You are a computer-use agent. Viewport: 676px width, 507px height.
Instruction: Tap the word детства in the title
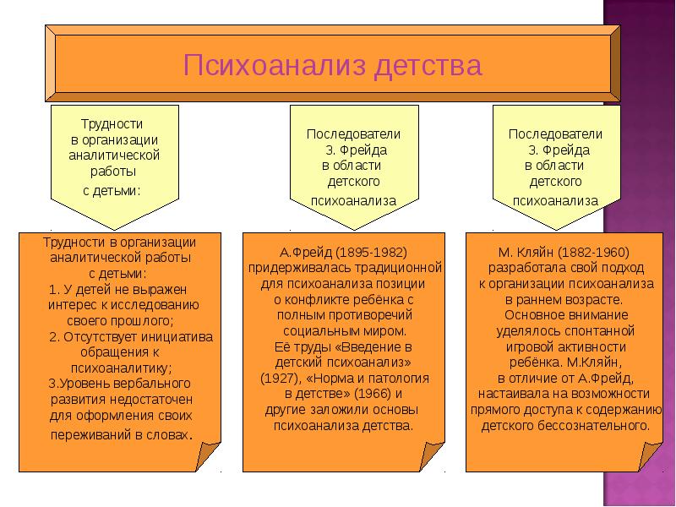[430, 66]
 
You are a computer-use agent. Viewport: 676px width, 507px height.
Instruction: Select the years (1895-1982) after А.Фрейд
[369, 252]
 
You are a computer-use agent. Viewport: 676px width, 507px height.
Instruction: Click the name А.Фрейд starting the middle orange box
[305, 252]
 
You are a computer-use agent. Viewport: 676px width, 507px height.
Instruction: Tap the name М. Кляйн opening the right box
[528, 252]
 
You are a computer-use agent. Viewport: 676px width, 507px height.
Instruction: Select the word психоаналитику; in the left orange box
[120, 368]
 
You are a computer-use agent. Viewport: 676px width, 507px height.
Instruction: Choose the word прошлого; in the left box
[149, 320]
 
